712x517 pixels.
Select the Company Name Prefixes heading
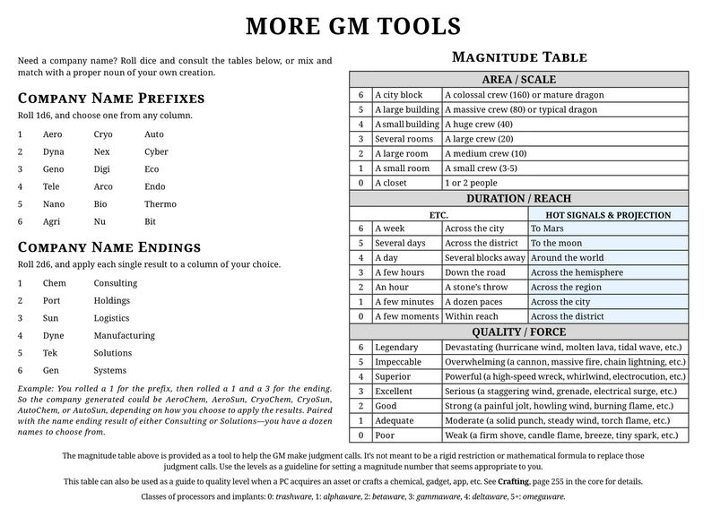pyautogui.click(x=111, y=98)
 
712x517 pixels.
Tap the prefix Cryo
pyautogui.click(x=104, y=134)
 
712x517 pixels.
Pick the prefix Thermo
pyautogui.click(x=161, y=202)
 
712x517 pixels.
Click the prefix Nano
pyautogui.click(x=54, y=202)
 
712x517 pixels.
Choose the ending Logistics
pyautogui.click(x=113, y=317)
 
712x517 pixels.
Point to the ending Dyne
pyautogui.click(x=55, y=335)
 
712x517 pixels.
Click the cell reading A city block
pyautogui.click(x=398, y=95)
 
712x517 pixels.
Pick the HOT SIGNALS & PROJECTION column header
pyautogui.click(x=608, y=214)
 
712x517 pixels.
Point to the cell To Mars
pyautogui.click(x=548, y=228)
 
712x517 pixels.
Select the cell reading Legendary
pyautogui.click(x=398, y=347)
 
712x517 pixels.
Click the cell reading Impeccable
pyautogui.click(x=400, y=361)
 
